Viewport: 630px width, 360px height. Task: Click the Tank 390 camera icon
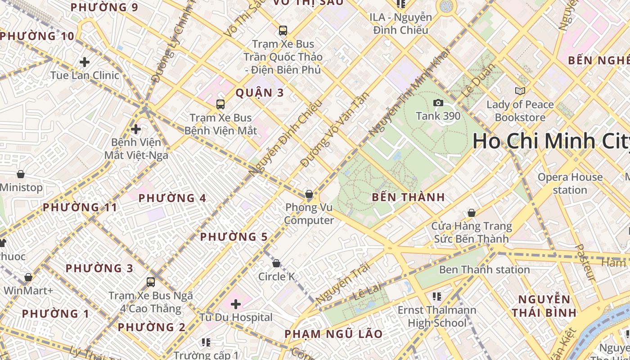pos(438,103)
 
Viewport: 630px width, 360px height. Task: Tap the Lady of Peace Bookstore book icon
pos(520,91)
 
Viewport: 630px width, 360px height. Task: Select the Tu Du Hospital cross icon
pos(236,305)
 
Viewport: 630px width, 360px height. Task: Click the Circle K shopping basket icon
pos(276,263)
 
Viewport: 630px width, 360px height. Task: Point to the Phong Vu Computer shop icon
pos(309,194)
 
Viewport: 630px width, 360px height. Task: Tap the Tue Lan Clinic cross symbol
pos(85,62)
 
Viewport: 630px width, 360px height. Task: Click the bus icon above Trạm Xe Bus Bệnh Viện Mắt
pos(220,104)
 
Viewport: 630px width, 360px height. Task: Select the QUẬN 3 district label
pos(260,93)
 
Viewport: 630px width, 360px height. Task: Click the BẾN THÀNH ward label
pos(409,197)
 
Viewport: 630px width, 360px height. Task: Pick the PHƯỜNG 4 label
pos(172,198)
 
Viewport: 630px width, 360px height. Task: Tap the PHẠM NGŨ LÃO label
pos(333,334)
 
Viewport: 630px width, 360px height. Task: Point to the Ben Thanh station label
pos(484,270)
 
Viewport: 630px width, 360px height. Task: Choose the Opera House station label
pos(570,184)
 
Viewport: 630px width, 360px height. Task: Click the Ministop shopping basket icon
pos(21,174)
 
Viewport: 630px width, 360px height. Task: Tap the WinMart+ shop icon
pos(28,277)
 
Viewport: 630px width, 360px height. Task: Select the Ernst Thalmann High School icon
pos(437,297)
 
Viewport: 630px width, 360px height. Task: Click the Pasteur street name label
pos(586,263)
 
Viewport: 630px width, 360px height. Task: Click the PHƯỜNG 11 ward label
pos(80,207)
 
